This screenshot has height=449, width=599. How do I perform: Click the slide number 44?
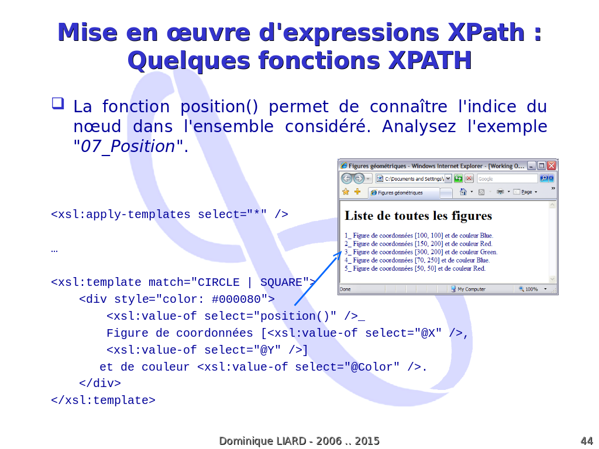click(x=586, y=441)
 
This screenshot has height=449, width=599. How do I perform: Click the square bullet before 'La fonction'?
click(x=58, y=103)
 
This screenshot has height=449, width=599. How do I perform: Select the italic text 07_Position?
click(x=128, y=147)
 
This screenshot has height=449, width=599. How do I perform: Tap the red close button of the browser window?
click(x=551, y=165)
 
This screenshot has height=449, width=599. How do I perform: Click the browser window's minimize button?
click(x=531, y=165)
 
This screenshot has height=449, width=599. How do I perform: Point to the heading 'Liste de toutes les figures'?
click(x=418, y=216)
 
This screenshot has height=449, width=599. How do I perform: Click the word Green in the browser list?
click(x=488, y=252)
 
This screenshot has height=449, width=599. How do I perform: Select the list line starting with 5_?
click(x=415, y=268)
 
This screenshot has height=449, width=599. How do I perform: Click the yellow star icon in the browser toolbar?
click(x=346, y=192)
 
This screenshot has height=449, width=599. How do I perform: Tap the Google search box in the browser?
click(x=507, y=179)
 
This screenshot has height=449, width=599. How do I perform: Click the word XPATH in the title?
click(x=430, y=61)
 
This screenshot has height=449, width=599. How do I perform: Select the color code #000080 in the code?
click(x=236, y=299)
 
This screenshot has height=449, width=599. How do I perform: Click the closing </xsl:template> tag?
click(x=103, y=400)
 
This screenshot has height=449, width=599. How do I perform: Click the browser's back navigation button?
click(x=346, y=178)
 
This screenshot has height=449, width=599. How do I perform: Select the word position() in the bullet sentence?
click(x=219, y=107)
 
